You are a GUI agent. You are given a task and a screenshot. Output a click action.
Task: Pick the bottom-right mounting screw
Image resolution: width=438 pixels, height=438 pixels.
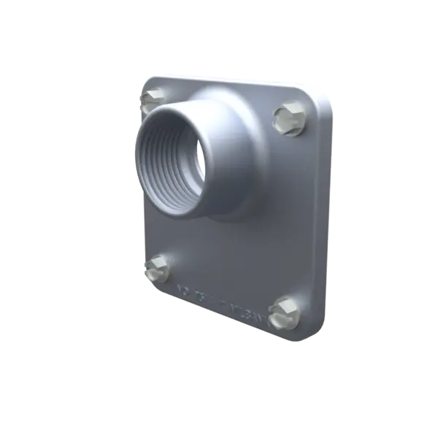tap(284, 314)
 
